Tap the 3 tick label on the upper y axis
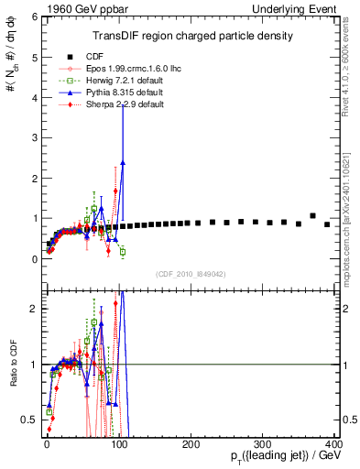point(33,138)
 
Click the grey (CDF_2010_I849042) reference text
point(191,274)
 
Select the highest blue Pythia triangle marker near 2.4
point(123,162)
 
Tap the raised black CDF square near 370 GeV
point(312,216)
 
